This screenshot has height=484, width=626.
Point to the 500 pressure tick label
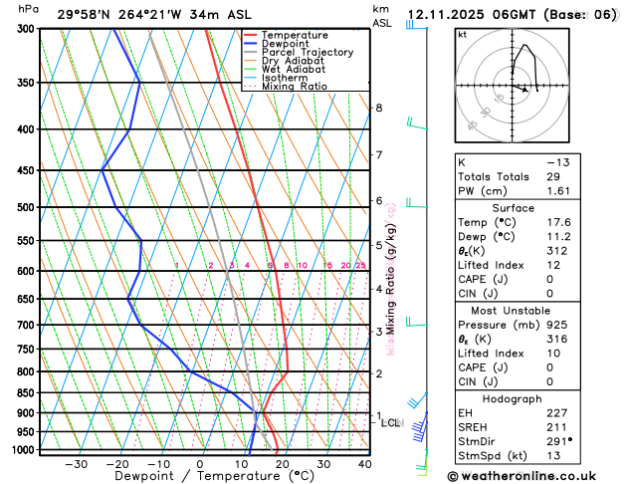click(x=25, y=207)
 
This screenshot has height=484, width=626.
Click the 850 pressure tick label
click(x=25, y=393)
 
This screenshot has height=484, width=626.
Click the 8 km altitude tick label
click(x=378, y=108)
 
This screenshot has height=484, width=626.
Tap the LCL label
click(x=391, y=423)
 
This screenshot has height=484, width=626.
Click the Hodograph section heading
click(x=513, y=398)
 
